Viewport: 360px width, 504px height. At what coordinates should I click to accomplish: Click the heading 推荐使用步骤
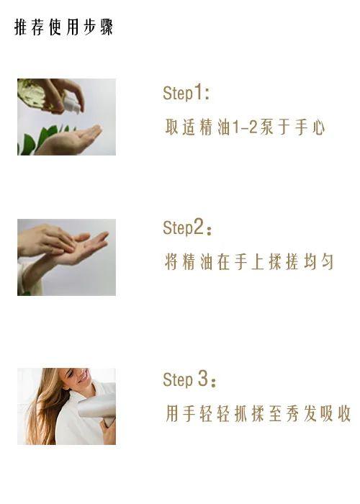tap(64, 28)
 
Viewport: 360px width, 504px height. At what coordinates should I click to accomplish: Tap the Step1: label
tap(186, 93)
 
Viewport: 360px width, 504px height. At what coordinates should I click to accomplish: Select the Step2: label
tap(187, 228)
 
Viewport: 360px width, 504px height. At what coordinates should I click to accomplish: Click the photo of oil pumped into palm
tap(66, 117)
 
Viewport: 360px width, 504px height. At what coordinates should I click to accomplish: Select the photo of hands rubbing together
tap(66, 257)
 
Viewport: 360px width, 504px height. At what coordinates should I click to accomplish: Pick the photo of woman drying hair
tap(66, 406)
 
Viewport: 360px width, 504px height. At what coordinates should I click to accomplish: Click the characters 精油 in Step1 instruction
tap(216, 127)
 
